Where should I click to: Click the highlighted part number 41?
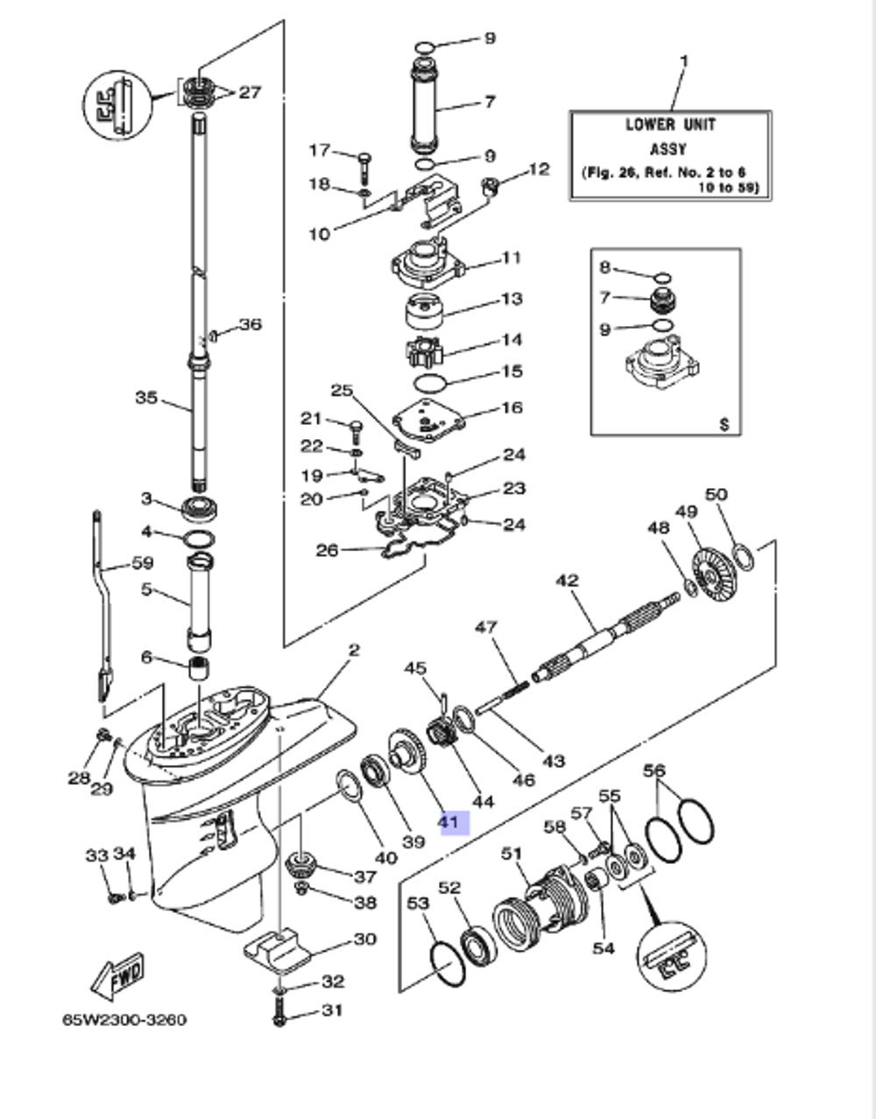point(449,822)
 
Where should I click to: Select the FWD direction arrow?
point(118,974)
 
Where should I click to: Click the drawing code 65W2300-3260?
point(124,1020)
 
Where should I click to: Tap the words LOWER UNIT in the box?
point(670,124)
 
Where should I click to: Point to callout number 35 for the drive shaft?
point(146,398)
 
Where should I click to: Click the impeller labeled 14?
point(427,353)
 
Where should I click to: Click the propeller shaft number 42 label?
point(568,580)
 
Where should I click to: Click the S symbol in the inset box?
point(724,424)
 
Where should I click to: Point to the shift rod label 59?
point(142,563)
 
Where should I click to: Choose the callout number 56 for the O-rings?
point(654,771)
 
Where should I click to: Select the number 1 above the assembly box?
point(684,60)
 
